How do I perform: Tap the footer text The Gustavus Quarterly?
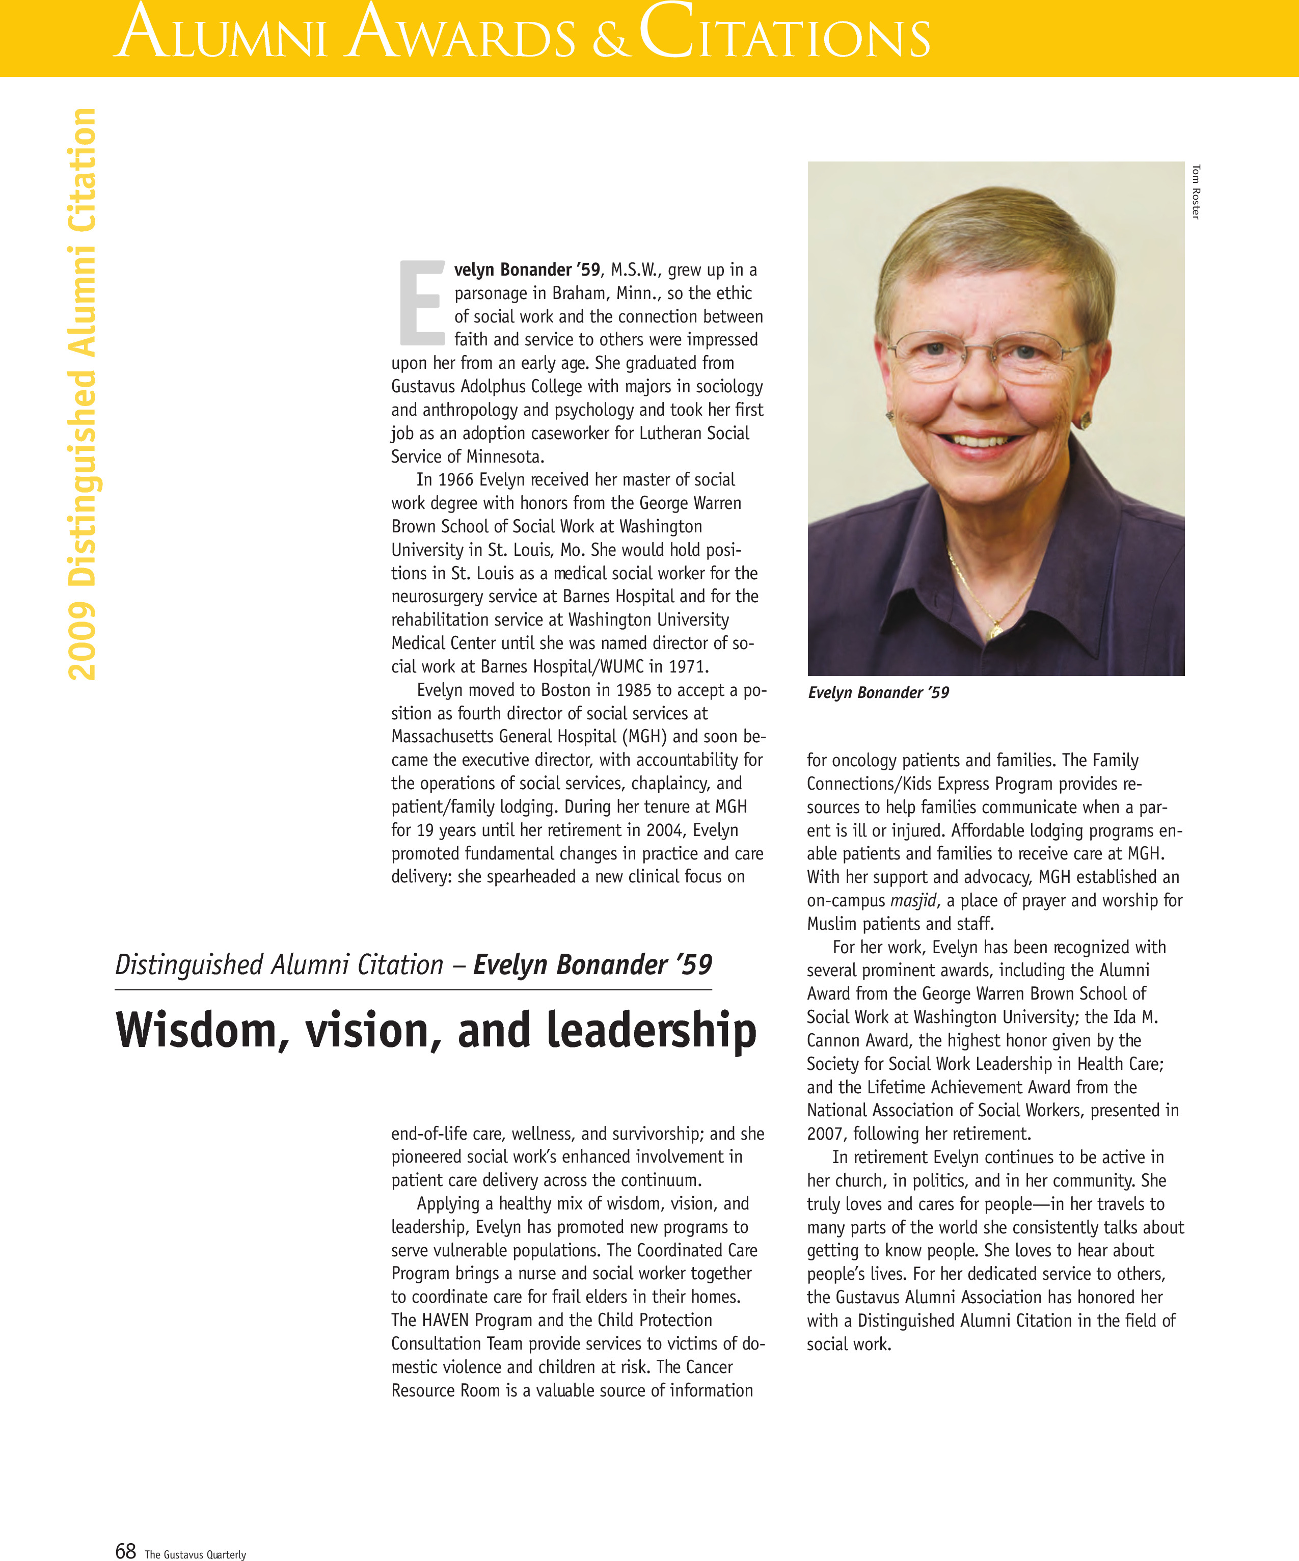coord(195,1553)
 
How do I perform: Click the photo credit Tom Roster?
coord(1196,192)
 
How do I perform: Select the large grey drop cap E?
coord(421,303)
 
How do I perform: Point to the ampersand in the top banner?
coord(609,41)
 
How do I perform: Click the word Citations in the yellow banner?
coord(784,34)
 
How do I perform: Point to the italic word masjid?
coord(913,901)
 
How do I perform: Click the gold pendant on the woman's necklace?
coord(994,632)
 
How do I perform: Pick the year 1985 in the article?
coord(638,690)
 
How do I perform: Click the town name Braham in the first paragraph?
coord(579,293)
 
